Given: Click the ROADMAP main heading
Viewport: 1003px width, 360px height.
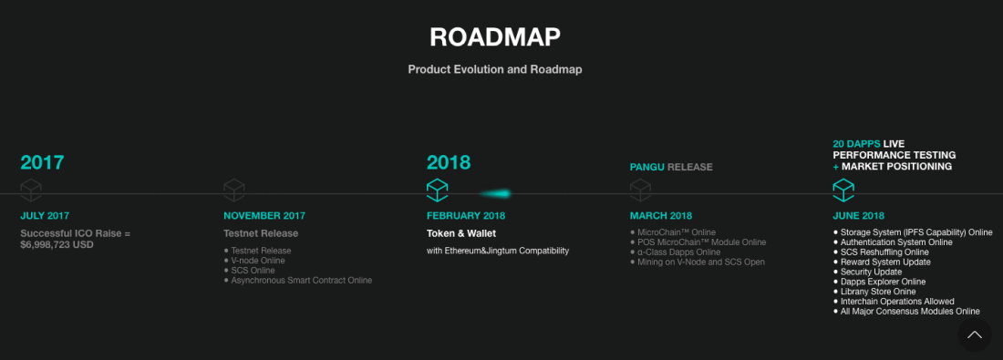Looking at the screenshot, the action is [x=494, y=37].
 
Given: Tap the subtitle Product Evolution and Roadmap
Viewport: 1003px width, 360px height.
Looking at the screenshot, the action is [x=495, y=69].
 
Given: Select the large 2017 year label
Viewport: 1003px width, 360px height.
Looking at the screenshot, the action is [x=42, y=162].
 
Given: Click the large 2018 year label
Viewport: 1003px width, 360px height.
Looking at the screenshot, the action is [x=449, y=162].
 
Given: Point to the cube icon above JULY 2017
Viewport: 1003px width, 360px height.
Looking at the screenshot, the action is [x=31, y=190].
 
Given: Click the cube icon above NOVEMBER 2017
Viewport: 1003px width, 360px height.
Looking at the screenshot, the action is [x=234, y=190].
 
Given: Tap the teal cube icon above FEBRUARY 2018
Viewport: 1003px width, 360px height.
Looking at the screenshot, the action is [x=438, y=190].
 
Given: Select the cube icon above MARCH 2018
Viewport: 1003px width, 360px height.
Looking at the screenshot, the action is [x=640, y=190].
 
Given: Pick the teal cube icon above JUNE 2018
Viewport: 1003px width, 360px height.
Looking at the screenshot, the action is [x=843, y=190].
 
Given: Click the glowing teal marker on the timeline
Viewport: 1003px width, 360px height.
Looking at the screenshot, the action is [x=496, y=193].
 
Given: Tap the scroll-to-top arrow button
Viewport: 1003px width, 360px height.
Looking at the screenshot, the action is [x=975, y=334].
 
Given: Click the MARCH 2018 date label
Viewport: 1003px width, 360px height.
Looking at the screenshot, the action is [x=661, y=216].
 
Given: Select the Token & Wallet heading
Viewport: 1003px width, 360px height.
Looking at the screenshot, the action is [x=461, y=233].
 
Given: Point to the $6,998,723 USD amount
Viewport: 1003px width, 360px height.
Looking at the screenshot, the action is [x=57, y=245].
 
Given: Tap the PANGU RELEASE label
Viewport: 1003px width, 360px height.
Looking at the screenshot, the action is [x=671, y=167].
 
